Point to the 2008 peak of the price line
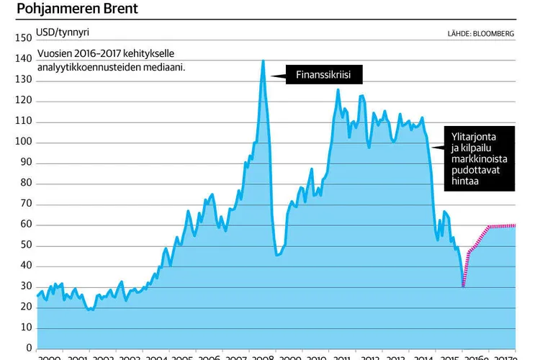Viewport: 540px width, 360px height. click(263, 61)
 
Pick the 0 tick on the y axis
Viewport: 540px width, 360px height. click(29, 348)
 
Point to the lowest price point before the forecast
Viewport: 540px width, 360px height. click(463, 287)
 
